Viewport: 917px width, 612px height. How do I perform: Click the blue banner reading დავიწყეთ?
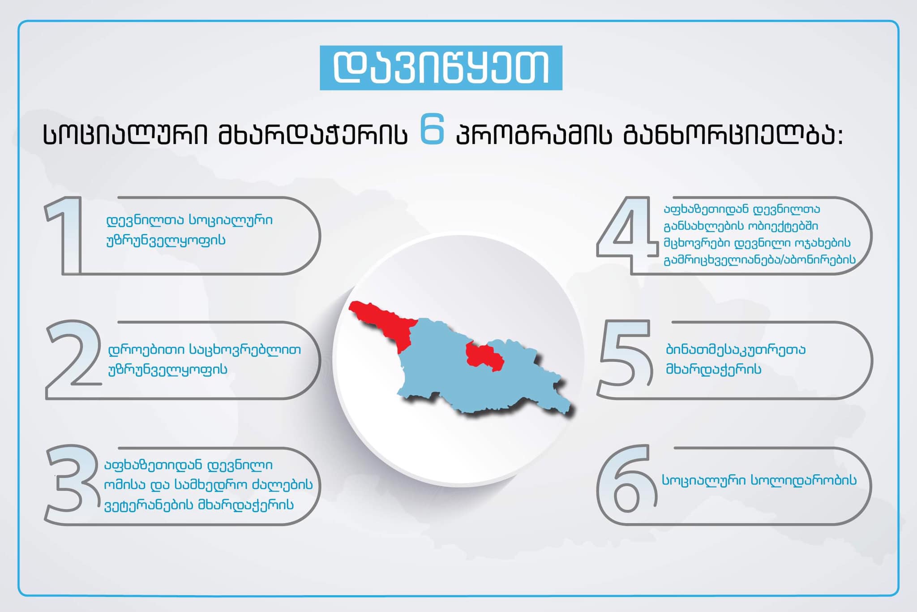tap(441, 68)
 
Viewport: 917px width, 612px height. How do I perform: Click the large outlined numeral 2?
tap(73, 359)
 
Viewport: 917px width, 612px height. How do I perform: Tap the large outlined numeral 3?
tap(72, 484)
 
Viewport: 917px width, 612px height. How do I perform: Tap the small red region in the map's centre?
tap(484, 357)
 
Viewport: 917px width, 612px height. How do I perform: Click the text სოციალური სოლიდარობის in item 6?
tap(759, 480)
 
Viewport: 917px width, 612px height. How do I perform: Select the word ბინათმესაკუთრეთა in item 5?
tap(736, 349)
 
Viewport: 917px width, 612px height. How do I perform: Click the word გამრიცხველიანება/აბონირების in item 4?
tap(759, 260)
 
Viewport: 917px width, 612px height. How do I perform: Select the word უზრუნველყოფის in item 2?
tap(167, 370)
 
